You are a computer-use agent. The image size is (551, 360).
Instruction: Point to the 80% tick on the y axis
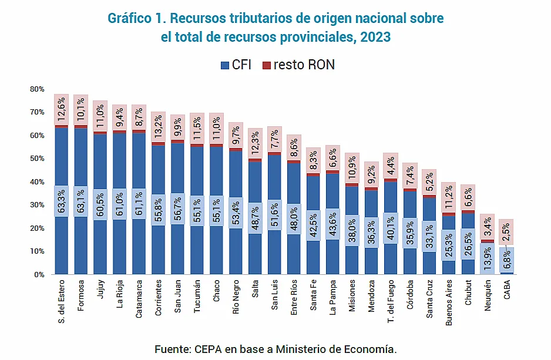click(37, 89)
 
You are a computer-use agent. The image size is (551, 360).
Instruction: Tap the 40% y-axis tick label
click(37, 182)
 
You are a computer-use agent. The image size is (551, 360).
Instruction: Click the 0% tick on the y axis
click(39, 275)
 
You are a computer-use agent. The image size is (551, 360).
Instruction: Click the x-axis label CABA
click(507, 292)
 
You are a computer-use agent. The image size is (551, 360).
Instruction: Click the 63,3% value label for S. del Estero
click(62, 201)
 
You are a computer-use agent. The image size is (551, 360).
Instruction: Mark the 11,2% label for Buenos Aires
click(449, 197)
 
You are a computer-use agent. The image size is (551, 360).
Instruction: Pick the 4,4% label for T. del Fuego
click(391, 166)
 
